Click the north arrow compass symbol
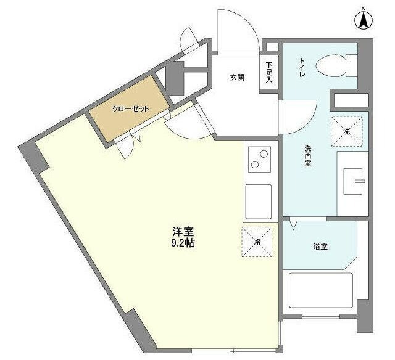pos(364,18)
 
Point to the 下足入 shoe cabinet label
pos(269,72)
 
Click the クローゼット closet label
pos(130,109)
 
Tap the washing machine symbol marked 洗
pos(346,131)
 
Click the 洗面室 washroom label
pos(307,157)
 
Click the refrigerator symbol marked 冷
pos(257,243)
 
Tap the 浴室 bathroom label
pos(320,247)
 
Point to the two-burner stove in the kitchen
pos(259,160)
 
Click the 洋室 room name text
pos(183,232)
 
